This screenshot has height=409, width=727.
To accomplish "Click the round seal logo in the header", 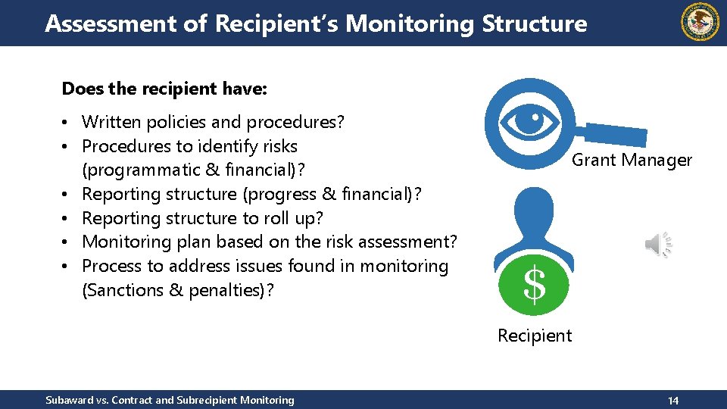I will click(x=700, y=22).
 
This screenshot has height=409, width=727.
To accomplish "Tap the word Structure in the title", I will click(x=534, y=23).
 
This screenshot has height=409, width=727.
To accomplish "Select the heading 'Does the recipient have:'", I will click(x=164, y=89).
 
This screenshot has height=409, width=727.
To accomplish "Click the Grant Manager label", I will click(x=632, y=160).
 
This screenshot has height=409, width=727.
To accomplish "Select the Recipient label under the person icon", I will click(x=535, y=336).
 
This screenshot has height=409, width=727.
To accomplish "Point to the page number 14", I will click(x=672, y=400).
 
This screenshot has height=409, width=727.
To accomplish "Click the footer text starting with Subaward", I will click(x=170, y=400).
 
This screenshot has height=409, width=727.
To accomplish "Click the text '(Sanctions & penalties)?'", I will click(x=177, y=290).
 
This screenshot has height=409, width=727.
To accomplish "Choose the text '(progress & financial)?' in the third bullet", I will click(x=332, y=194).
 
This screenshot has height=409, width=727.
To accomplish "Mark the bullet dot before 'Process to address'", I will click(x=68, y=267).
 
